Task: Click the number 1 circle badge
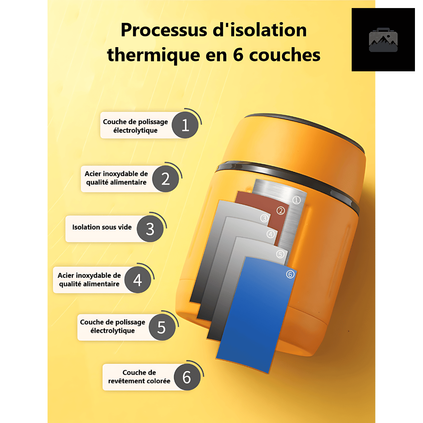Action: click(x=185, y=125)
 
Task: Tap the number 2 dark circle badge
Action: click(x=165, y=178)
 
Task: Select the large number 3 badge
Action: click(x=150, y=229)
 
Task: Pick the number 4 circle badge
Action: click(x=138, y=280)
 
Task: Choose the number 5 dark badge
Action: click(x=162, y=327)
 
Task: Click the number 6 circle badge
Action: click(x=187, y=377)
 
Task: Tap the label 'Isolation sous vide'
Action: click(x=102, y=227)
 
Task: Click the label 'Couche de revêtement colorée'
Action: click(x=139, y=377)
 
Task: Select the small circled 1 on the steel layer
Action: click(x=297, y=200)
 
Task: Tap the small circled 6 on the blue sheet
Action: click(x=290, y=274)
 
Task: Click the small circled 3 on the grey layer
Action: click(x=264, y=218)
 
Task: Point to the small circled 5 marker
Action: click(x=280, y=254)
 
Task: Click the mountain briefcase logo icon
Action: click(x=383, y=40)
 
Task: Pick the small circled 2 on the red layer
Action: click(x=280, y=211)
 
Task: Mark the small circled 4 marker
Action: click(x=271, y=234)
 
